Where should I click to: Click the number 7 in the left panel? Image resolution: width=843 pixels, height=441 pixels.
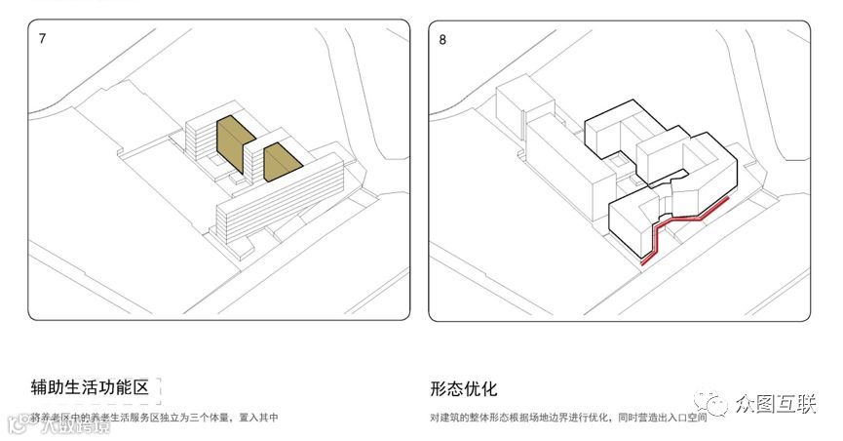[42, 39]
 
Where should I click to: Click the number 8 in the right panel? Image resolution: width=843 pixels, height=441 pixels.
[443, 39]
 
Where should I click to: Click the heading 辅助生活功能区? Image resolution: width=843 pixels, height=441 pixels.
[89, 387]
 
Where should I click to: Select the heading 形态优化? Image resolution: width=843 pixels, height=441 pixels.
[463, 387]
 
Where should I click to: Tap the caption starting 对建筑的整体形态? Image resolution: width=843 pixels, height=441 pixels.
[568, 418]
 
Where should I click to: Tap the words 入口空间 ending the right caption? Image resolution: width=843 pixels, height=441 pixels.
[687, 418]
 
